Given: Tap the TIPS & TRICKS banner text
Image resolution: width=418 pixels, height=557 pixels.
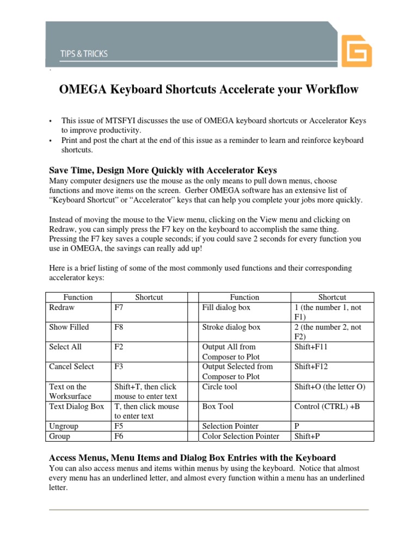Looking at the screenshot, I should click(84, 54).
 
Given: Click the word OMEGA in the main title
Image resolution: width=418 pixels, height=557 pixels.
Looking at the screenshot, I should click(84, 90).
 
